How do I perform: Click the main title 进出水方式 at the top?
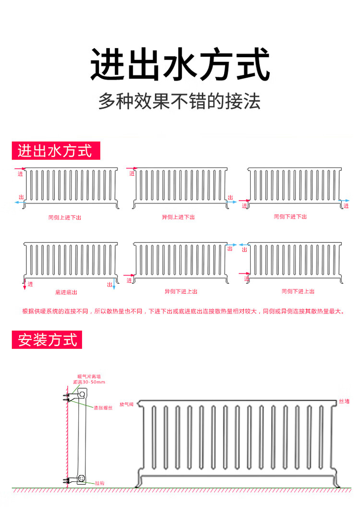(x=180, y=64)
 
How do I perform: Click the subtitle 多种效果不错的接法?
(x=180, y=101)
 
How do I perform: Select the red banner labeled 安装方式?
(x=47, y=340)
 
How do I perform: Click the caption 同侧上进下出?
(x=65, y=218)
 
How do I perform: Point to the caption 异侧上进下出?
(x=179, y=217)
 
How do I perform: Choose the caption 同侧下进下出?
(x=290, y=217)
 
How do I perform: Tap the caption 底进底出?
(x=66, y=292)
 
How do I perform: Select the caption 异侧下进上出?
(x=181, y=291)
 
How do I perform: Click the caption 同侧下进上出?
(x=298, y=291)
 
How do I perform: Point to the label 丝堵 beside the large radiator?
(x=345, y=401)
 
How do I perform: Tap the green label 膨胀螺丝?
(x=103, y=407)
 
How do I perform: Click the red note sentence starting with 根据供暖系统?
(x=183, y=311)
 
